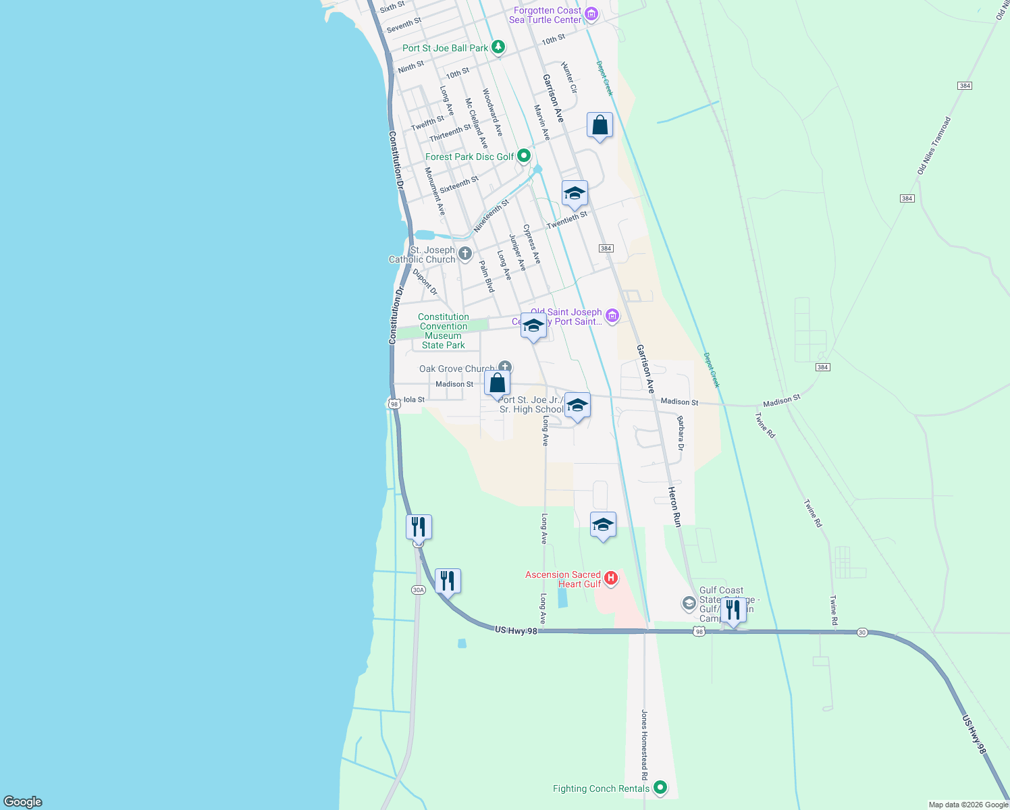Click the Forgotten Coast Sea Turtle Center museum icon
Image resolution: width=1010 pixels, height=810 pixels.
(591, 13)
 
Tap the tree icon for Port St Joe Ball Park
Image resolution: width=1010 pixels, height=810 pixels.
(498, 47)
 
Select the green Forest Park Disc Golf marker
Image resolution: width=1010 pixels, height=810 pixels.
(524, 157)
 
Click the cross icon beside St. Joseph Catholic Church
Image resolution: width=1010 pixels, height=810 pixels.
(464, 254)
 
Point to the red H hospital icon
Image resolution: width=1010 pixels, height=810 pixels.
(610, 578)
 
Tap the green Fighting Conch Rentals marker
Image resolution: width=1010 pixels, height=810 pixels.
(660, 788)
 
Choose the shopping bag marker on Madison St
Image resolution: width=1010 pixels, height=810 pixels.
(497, 383)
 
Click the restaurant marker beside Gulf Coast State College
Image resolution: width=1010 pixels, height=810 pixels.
(733, 610)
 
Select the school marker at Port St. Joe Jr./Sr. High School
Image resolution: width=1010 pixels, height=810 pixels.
(577, 406)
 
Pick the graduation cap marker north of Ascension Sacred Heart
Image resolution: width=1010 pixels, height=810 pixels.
(603, 525)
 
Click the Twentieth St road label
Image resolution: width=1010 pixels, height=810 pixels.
(567, 219)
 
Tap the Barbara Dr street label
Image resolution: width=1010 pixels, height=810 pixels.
(681, 433)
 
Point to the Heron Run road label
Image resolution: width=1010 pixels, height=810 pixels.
(674, 506)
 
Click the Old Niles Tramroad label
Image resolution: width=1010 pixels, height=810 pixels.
(934, 146)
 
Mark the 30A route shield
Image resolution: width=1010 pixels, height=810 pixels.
(418, 590)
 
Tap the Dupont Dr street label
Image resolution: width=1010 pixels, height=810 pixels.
(425, 282)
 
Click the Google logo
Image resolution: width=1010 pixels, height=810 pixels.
(22, 802)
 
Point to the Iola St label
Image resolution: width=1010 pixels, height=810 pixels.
(414, 400)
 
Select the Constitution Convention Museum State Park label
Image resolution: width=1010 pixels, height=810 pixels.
(443, 331)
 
